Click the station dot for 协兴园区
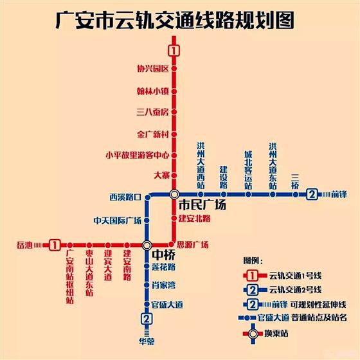click(x=174, y=68)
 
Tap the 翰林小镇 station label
click(x=153, y=91)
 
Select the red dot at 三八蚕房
click(x=174, y=112)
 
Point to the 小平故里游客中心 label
click(x=138, y=155)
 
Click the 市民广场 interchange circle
click(x=174, y=194)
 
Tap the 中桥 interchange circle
click(x=147, y=245)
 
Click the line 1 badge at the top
click(x=174, y=51)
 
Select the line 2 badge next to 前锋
click(x=312, y=194)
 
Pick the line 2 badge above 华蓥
click(x=147, y=319)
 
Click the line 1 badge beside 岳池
click(x=55, y=245)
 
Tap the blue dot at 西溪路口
click(x=148, y=197)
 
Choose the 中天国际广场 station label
click(x=117, y=221)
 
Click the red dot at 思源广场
click(x=171, y=244)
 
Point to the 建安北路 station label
click(x=194, y=219)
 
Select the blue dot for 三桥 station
click(x=296, y=195)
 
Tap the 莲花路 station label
click(x=163, y=267)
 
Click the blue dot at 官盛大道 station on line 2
click(x=147, y=305)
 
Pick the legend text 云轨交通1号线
click(x=295, y=276)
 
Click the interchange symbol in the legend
click(x=253, y=334)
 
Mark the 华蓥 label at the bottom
click(x=147, y=341)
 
